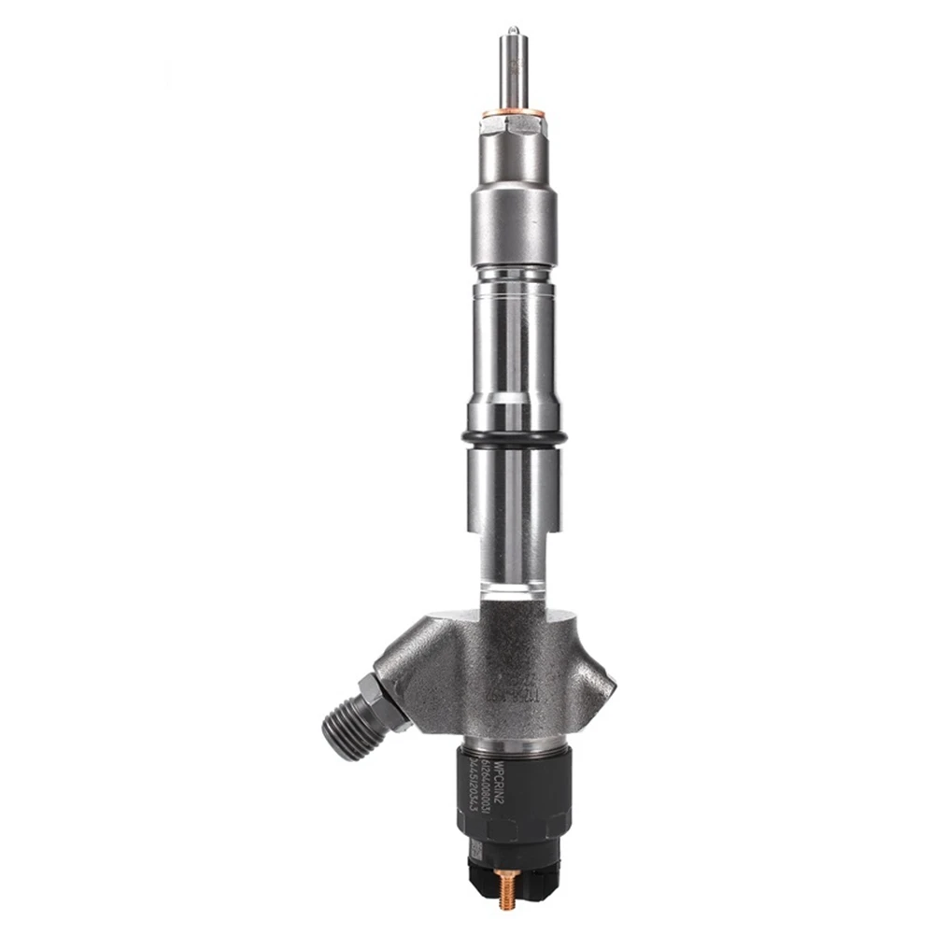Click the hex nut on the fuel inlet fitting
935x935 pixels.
point(383,696)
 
